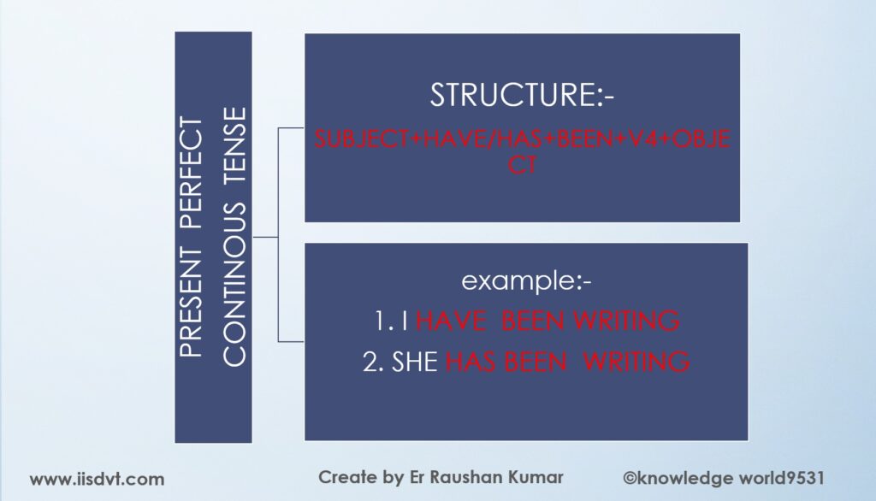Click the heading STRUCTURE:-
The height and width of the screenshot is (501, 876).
pyautogui.click(x=522, y=95)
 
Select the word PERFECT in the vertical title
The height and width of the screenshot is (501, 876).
pyautogui.click(x=191, y=174)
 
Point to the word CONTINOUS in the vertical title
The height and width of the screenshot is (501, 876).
pyautogui.click(x=234, y=284)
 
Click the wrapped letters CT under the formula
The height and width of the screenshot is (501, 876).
pyautogui.click(x=523, y=165)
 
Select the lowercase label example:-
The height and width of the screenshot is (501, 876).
pyautogui.click(x=526, y=281)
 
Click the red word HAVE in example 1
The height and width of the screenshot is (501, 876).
pyautogui.click(x=450, y=321)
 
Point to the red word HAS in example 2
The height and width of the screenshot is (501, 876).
pyautogui.click(x=471, y=362)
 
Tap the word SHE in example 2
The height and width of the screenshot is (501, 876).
pyautogui.click(x=415, y=362)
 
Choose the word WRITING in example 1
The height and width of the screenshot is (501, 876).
pyautogui.click(x=626, y=321)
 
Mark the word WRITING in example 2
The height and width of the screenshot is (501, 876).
pyautogui.click(x=636, y=362)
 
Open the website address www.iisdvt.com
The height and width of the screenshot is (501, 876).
pyautogui.click(x=98, y=480)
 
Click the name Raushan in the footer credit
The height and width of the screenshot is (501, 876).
pyautogui.click(x=466, y=478)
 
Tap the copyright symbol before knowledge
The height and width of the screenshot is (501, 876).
pyautogui.click(x=630, y=479)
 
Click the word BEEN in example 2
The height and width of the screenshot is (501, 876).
pyautogui.click(x=536, y=362)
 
